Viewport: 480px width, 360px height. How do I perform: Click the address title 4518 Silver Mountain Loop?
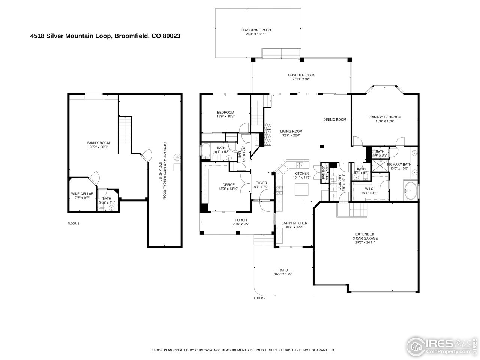click(105, 36)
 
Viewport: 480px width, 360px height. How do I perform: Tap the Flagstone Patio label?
click(256, 32)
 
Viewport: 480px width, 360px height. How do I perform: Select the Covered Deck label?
click(301, 77)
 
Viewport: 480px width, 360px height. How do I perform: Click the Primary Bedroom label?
click(384, 119)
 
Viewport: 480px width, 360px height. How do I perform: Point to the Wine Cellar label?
click(81, 196)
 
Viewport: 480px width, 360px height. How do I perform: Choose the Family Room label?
click(98, 145)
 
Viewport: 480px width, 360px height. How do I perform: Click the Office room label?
click(228, 187)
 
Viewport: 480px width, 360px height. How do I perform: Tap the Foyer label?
click(261, 185)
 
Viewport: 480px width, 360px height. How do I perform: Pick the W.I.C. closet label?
click(369, 191)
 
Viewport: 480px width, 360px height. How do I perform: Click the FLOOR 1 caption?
click(73, 223)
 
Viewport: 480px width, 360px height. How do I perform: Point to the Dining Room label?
click(334, 120)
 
